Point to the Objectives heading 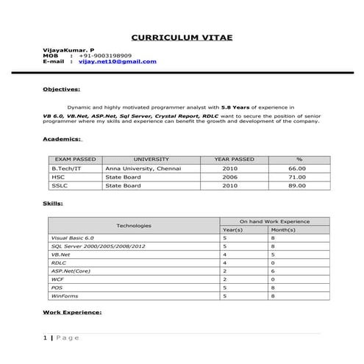61,89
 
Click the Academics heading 63,138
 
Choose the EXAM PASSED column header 75,159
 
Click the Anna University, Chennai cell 140,168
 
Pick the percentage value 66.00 297,168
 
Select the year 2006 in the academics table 230,176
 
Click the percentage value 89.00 297,185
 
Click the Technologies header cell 134,225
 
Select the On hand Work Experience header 274,221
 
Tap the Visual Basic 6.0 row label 72,238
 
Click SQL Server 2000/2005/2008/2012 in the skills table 98,246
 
